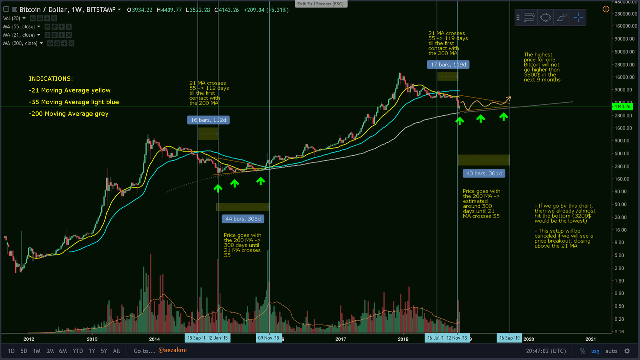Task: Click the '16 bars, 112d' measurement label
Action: click(x=208, y=120)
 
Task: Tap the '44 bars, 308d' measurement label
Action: click(x=243, y=219)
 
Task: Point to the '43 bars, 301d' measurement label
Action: click(x=484, y=173)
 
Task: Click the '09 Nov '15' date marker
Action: click(x=269, y=338)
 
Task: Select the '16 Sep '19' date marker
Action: click(x=509, y=338)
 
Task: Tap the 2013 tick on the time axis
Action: click(x=92, y=339)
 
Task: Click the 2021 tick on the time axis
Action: click(x=592, y=339)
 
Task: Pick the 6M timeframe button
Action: click(x=63, y=351)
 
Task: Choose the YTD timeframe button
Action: click(x=77, y=351)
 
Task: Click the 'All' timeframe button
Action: click(x=116, y=351)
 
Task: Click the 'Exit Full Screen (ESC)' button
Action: click(x=320, y=4)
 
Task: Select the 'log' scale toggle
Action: click(x=595, y=351)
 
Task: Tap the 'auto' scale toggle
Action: click(x=611, y=351)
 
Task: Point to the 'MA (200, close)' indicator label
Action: click(x=21, y=44)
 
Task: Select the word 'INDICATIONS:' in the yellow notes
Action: click(x=51, y=79)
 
